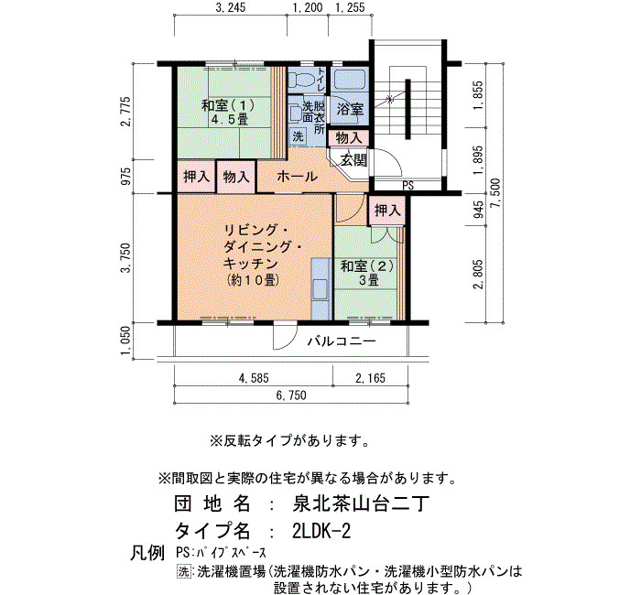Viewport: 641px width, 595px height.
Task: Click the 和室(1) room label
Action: click(x=228, y=113)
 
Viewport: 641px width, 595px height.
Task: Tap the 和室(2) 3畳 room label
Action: click(x=367, y=273)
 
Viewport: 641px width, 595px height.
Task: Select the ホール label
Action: click(x=298, y=177)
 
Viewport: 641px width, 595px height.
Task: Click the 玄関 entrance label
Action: click(x=353, y=160)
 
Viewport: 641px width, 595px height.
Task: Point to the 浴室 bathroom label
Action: click(x=350, y=109)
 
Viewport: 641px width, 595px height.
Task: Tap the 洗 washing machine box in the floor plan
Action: click(x=298, y=136)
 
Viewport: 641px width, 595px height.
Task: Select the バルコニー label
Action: click(x=342, y=341)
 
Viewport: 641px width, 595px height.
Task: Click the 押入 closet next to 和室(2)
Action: click(x=386, y=211)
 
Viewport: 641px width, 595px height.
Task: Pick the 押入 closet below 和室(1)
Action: click(x=196, y=177)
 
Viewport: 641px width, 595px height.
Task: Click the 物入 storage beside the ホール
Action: click(x=236, y=177)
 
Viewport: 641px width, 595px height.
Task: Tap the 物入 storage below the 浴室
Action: click(x=349, y=138)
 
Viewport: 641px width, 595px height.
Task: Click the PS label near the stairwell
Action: click(x=407, y=186)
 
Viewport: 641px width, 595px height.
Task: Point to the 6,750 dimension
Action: click(x=291, y=395)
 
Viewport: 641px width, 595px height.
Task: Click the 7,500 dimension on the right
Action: click(x=496, y=193)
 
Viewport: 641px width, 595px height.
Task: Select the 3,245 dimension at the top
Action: click(x=230, y=7)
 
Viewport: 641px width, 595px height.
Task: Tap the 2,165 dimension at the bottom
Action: click(x=370, y=378)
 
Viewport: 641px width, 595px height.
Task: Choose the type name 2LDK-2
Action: click(x=321, y=531)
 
